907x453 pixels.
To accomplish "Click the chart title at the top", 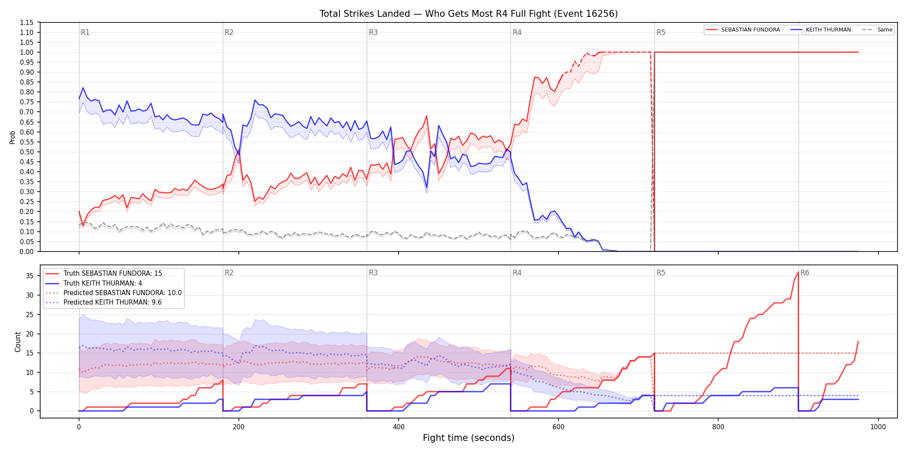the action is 469,14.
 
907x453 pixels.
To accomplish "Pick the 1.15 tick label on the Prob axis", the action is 27,22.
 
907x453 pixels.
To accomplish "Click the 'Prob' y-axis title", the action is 13,137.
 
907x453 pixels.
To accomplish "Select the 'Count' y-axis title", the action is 18,342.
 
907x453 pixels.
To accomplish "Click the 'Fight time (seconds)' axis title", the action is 469,438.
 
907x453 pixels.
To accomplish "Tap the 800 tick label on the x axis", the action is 718,427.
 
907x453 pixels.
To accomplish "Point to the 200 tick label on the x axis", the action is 238,427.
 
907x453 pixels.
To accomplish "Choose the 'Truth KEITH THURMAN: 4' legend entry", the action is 103,283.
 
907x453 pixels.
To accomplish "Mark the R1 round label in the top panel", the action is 85,32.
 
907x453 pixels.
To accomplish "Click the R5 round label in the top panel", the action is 661,32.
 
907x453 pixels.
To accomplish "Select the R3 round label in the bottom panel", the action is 373,273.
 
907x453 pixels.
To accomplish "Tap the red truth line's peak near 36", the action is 798,272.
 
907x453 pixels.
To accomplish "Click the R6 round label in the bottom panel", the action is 805,273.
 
